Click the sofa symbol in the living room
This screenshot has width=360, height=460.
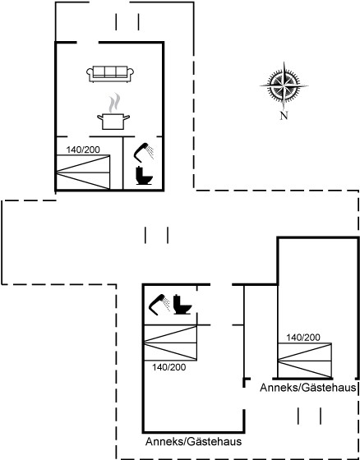click(x=110, y=74)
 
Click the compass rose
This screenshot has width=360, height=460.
click(x=284, y=86)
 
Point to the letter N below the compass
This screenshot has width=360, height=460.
click(x=284, y=116)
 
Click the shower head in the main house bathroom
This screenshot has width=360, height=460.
click(x=144, y=152)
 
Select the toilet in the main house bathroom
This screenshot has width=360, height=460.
click(x=144, y=176)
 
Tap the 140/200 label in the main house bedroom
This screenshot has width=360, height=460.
click(x=83, y=149)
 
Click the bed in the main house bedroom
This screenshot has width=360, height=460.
click(x=83, y=172)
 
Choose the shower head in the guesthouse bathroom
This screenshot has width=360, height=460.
click(x=159, y=305)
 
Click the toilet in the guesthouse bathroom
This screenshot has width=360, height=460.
click(x=182, y=305)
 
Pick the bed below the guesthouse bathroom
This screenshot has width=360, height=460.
click(x=170, y=343)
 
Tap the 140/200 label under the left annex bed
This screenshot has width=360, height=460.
click(x=168, y=367)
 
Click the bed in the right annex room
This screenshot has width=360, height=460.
click(x=305, y=361)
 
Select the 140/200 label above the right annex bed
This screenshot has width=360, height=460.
click(x=303, y=338)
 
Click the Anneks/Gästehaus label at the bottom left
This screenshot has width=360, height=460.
click(x=193, y=442)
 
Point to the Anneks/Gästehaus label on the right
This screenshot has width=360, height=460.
click(x=308, y=388)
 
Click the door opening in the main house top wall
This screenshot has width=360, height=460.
click(x=88, y=43)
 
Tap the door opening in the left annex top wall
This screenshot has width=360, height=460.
click(x=221, y=284)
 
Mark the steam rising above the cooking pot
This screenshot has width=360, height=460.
click(x=114, y=103)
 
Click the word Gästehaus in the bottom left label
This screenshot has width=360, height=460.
click(x=215, y=442)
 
